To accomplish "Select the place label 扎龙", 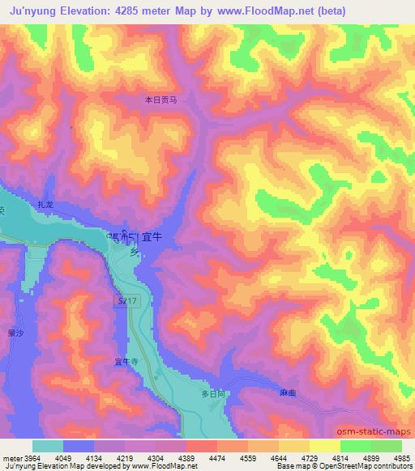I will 45,207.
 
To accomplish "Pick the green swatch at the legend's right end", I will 387,446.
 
